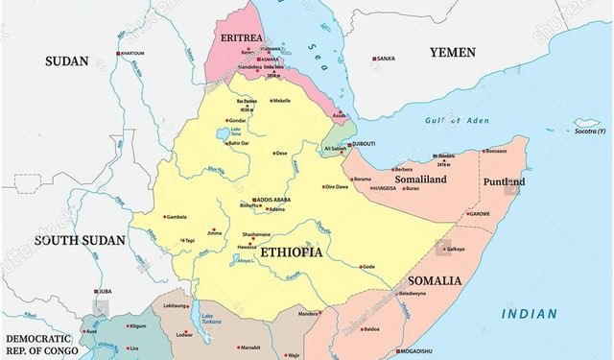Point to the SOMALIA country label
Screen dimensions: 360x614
coord(434,281)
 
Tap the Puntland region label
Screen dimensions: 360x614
coord(503,181)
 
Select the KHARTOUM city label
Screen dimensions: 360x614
coord(132,54)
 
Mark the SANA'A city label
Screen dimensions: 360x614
coord(386,60)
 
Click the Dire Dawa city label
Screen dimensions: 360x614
coord(336,186)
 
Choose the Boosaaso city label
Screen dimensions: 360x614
coord(496,151)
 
